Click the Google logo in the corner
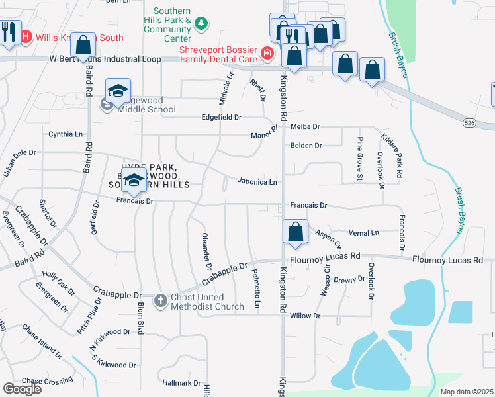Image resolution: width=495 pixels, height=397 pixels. pos(22,389)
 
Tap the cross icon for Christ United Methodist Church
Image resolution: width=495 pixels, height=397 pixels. pos(160,301)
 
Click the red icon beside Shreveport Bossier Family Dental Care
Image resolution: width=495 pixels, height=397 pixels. pos(267,54)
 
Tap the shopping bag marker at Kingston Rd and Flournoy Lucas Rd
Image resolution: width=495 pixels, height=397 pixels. pos(295,232)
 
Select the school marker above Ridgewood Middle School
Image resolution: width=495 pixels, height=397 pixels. pos(118,91)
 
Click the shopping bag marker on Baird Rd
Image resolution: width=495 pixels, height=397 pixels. pos(83,45)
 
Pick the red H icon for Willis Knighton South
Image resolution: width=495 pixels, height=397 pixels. pos(27,37)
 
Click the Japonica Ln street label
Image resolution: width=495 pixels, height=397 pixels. pos(257,181)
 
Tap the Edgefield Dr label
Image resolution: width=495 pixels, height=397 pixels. pos(222,117)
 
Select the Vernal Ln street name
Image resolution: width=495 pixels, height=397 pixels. pos(364,233)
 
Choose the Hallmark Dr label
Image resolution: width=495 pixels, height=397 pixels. pos(181,383)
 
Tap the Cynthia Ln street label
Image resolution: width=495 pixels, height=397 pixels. pos(66,134)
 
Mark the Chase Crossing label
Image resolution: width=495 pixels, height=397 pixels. pos(47,381)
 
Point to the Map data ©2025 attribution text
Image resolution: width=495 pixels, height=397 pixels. pos(467,392)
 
